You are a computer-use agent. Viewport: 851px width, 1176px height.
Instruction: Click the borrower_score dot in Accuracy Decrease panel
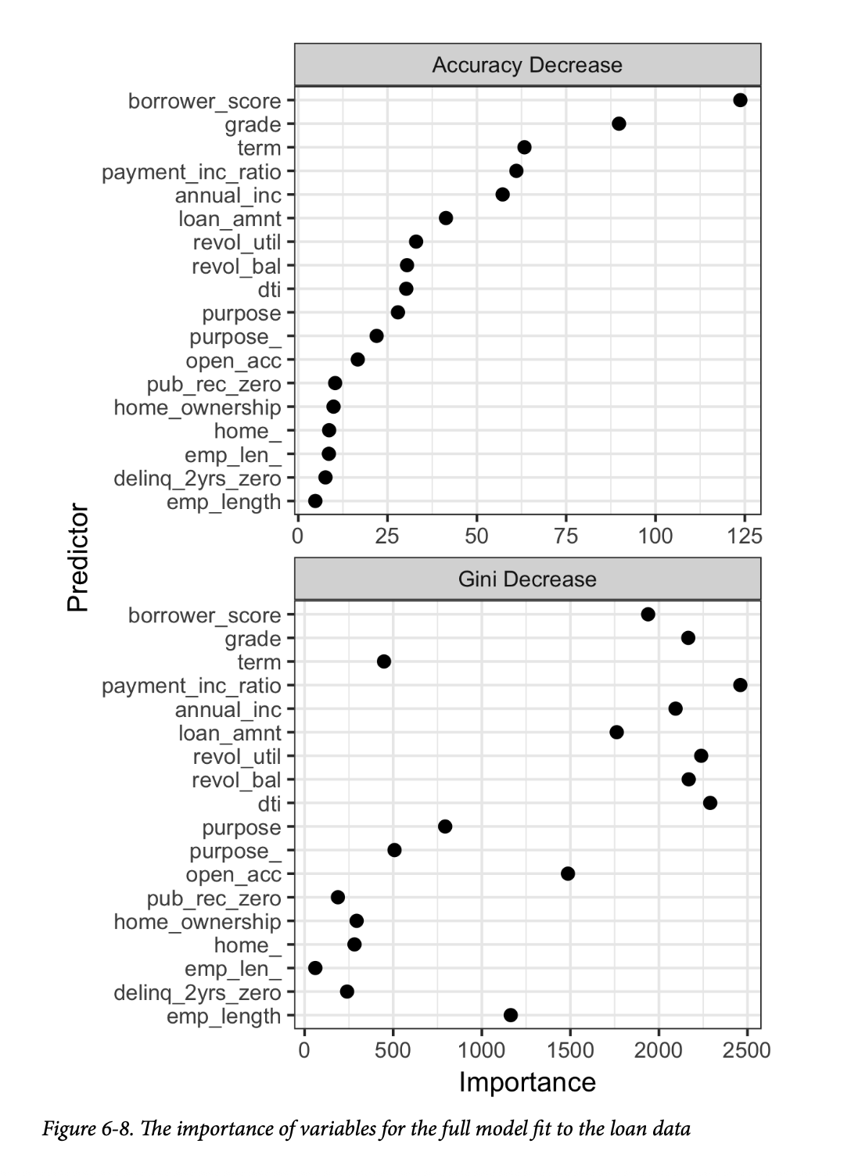click(x=740, y=100)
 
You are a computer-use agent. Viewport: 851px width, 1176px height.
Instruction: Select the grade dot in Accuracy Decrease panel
click(x=619, y=124)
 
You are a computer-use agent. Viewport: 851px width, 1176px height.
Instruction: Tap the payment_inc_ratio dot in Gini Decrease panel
click(x=740, y=685)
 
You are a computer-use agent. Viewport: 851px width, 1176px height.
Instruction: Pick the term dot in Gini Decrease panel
click(x=384, y=661)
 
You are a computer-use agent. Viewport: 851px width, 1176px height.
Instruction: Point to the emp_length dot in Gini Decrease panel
click(x=511, y=1015)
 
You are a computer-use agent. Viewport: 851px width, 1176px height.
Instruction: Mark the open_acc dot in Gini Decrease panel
click(x=568, y=873)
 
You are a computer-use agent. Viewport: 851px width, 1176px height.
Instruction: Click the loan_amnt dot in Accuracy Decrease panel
click(x=446, y=218)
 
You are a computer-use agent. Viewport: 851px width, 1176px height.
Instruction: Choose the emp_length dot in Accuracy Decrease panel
click(x=315, y=501)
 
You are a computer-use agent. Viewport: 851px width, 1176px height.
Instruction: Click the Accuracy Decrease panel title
click(x=527, y=65)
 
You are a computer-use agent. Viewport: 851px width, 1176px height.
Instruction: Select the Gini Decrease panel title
click(x=527, y=579)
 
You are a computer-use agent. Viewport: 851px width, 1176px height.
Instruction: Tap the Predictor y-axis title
click(x=78, y=557)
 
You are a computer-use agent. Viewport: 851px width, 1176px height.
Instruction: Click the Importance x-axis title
click(x=527, y=1082)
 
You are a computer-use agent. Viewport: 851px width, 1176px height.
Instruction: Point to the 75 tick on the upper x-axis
click(x=566, y=536)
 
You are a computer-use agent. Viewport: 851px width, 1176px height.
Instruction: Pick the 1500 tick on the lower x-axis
click(x=570, y=1050)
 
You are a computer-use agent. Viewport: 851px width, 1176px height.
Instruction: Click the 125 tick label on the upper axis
click(x=745, y=536)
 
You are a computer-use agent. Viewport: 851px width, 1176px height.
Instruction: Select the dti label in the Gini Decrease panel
click(x=269, y=804)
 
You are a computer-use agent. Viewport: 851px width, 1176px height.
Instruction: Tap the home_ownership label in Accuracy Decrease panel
click(x=197, y=407)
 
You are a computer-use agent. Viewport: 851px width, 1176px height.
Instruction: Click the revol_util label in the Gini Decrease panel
click(x=237, y=757)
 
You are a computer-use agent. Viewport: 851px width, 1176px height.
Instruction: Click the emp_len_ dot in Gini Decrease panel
click(x=315, y=968)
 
